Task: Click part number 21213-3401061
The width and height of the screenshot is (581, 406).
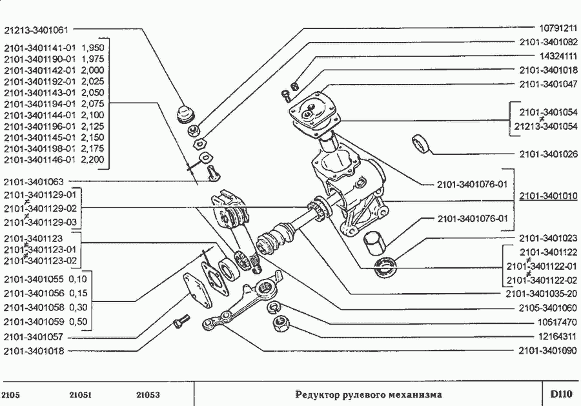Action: [36, 29]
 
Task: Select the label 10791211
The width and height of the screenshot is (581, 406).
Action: [556, 29]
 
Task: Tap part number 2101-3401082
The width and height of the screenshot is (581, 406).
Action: [547, 43]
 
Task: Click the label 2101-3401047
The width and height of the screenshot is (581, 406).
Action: [547, 84]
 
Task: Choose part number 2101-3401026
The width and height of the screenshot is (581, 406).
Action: [547, 154]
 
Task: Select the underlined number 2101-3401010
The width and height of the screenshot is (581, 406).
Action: [547, 196]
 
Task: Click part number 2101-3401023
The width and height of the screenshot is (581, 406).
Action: [547, 238]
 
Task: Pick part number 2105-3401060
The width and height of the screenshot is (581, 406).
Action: [547, 308]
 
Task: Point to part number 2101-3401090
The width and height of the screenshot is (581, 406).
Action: [547, 350]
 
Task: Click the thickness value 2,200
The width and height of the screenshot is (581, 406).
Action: [93, 159]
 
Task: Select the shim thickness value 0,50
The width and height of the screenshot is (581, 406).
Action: [77, 321]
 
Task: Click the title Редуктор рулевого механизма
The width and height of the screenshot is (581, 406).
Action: [369, 394]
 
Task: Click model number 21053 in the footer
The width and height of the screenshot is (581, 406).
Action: [148, 395]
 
